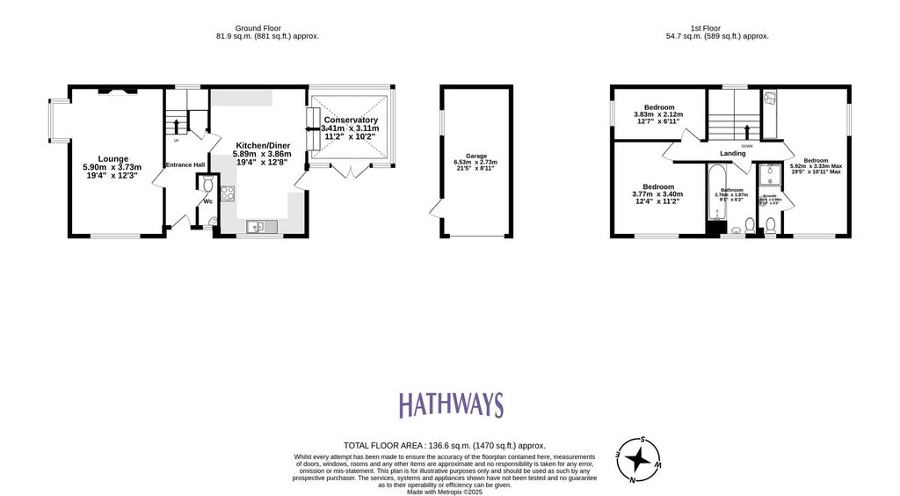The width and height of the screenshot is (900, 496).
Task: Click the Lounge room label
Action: (x=112, y=159)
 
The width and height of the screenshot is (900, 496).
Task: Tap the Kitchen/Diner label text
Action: (x=262, y=144)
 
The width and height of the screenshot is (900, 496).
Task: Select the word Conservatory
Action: (x=351, y=120)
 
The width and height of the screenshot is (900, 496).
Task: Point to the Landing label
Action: (x=732, y=153)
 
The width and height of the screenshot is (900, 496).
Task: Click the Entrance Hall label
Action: (x=185, y=164)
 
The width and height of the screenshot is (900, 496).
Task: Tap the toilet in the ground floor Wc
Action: (x=207, y=185)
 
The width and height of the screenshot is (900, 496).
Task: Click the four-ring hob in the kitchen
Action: (x=227, y=193)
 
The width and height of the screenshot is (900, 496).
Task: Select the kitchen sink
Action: (x=258, y=227)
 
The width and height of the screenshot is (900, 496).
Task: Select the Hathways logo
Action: (x=451, y=405)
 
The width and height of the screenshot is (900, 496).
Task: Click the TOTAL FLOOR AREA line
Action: (x=449, y=446)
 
